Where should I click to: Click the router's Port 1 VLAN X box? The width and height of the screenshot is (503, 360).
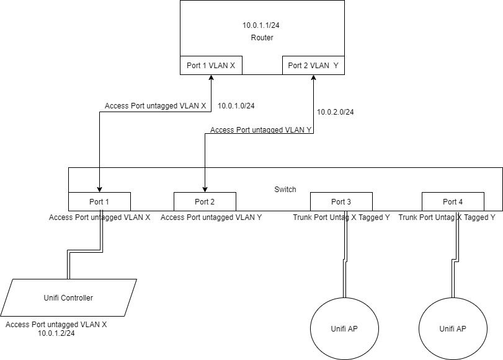211,65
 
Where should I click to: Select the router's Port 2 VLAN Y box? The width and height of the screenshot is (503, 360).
313,65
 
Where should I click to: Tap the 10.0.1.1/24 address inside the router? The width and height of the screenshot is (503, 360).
262,25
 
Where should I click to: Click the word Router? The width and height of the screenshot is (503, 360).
262,38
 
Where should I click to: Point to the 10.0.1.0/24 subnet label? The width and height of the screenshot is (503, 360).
236,105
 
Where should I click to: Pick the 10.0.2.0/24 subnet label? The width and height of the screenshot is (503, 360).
336,112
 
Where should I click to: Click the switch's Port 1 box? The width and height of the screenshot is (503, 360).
99,201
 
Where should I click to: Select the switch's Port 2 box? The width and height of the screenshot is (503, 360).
205,201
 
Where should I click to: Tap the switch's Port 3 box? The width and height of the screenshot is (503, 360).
341,201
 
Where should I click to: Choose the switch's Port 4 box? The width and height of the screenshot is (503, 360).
453,201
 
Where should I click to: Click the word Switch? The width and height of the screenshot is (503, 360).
285,189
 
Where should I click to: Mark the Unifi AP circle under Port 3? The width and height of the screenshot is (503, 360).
341,328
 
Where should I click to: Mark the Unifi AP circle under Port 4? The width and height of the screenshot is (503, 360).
452,328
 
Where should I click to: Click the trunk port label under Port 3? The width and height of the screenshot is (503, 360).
341,217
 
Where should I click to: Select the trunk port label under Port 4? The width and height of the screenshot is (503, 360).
447,217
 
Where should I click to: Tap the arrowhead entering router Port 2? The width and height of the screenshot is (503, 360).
311,77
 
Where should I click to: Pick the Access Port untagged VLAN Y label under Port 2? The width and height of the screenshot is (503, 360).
211,217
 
